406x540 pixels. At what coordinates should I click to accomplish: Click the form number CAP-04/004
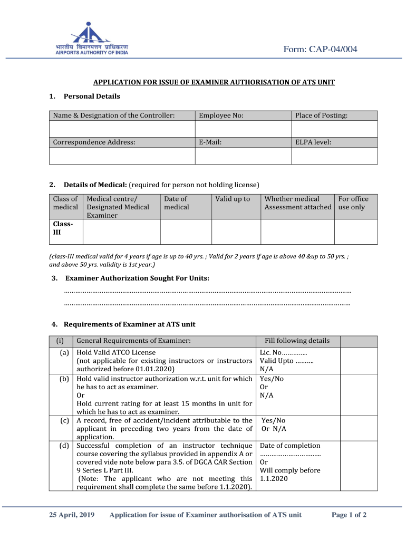(x=320, y=49)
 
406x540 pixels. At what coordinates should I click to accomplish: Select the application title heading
(x=214, y=82)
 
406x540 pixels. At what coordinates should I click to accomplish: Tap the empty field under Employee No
(x=243, y=129)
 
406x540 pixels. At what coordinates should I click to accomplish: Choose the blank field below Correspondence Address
(x=122, y=156)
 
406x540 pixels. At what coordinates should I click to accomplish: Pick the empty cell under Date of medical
(x=186, y=232)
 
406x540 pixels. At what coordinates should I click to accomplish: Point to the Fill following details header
(x=298, y=341)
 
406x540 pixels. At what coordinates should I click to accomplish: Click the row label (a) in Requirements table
(x=64, y=352)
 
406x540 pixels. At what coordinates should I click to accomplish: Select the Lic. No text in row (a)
(x=283, y=352)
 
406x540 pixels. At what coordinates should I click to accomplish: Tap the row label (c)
(x=64, y=420)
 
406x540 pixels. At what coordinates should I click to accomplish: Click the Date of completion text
(x=290, y=446)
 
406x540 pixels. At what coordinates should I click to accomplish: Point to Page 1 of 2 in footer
(x=349, y=515)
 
